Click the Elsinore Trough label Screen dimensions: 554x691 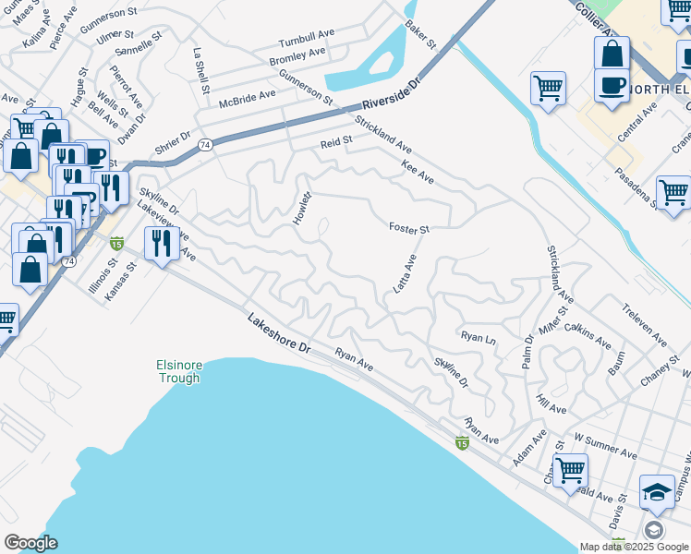(177, 371)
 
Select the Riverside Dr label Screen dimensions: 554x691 (391, 92)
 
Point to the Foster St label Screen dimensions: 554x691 (409, 228)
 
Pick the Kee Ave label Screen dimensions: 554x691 (418, 172)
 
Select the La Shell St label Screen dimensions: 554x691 (200, 70)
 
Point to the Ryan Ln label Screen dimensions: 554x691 (479, 339)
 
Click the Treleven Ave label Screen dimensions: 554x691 (643, 323)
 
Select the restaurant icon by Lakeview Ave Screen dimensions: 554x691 (162, 244)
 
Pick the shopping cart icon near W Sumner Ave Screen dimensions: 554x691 (570, 470)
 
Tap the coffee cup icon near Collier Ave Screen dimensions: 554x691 (611, 85)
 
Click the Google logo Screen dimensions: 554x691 (30, 543)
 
